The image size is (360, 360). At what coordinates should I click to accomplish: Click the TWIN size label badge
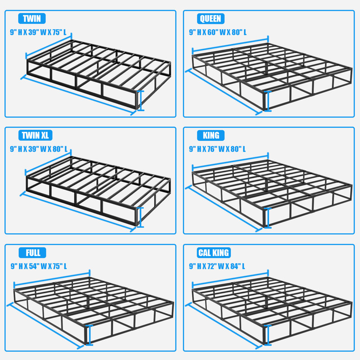[32, 19]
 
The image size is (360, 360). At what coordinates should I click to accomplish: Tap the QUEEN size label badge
[210, 18]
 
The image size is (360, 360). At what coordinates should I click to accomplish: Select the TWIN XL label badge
[36, 135]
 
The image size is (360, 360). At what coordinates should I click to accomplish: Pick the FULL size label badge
[32, 252]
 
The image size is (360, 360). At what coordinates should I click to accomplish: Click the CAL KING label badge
[214, 252]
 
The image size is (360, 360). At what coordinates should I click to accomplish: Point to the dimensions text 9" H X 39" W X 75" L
[41, 32]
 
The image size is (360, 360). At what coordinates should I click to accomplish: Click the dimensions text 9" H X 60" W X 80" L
[218, 32]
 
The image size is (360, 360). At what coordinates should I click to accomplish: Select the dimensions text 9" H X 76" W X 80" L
[218, 149]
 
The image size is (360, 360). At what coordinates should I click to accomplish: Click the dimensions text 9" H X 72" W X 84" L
[218, 266]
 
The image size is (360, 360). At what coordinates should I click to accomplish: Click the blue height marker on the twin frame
[141, 100]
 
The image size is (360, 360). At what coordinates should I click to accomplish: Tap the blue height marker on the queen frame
[268, 100]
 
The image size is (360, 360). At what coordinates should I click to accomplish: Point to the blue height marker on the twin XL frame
[141, 217]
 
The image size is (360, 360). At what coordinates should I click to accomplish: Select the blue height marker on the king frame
[268, 218]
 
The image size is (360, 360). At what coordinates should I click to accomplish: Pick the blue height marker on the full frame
[90, 335]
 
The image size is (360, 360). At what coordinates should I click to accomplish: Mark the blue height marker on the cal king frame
[268, 335]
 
